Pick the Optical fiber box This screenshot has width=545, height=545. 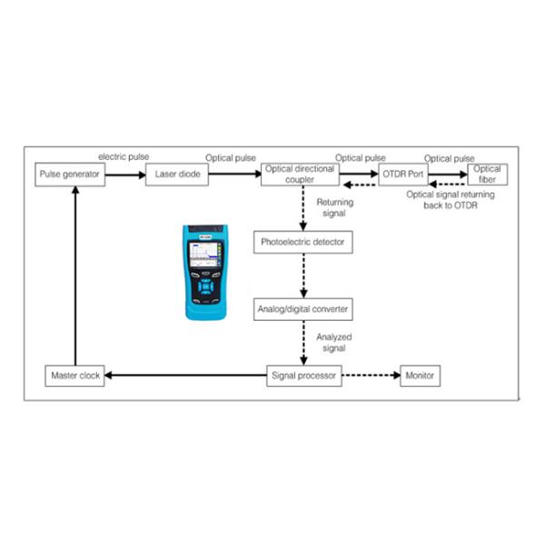point(488,173)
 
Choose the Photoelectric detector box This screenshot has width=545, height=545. point(301,243)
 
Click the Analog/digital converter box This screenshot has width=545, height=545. point(301,309)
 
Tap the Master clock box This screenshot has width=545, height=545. point(75,375)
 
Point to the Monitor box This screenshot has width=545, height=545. point(421,375)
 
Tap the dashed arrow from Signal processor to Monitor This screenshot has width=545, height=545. point(371,375)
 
